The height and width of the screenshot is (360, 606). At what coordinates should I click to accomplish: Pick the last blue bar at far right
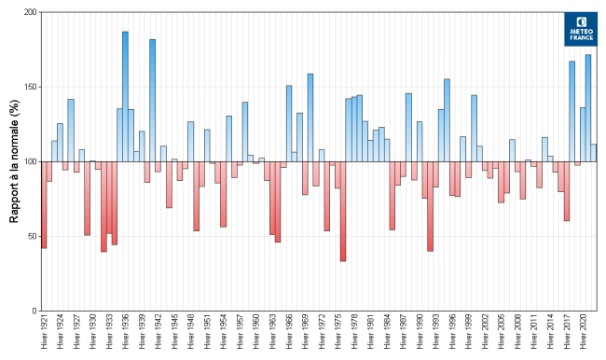tap(593, 153)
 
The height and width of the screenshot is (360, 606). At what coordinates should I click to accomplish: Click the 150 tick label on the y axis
tap(30, 87)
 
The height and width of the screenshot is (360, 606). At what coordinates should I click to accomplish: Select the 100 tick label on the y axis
tap(30, 161)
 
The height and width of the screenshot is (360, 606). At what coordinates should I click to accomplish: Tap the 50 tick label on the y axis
tap(32, 236)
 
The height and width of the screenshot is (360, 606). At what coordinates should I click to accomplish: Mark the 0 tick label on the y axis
tap(34, 311)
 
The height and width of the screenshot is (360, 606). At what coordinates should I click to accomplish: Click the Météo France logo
tap(581, 29)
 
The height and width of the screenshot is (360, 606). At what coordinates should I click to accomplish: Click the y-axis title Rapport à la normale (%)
tap(14, 161)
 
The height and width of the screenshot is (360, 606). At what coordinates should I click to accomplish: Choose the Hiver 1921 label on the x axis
tap(44, 333)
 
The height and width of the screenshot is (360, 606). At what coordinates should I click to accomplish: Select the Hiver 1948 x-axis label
tap(190, 333)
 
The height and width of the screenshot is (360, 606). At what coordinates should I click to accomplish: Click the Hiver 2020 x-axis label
tap(583, 333)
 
